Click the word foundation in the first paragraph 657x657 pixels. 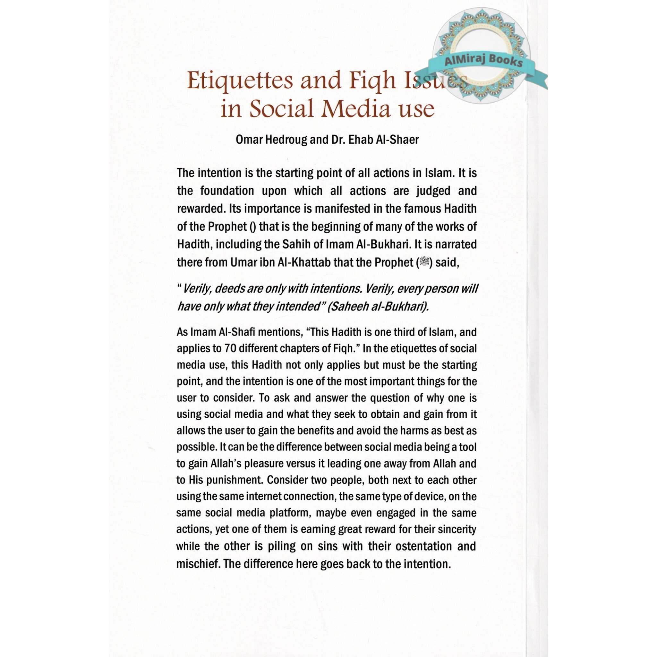(227, 191)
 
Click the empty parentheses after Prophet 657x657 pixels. (252, 226)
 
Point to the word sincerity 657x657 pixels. (456, 529)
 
